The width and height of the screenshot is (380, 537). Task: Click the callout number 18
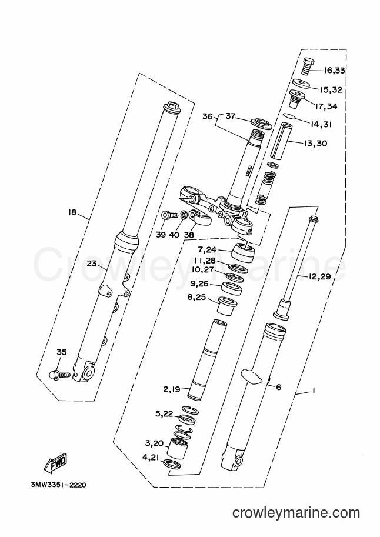click(x=72, y=213)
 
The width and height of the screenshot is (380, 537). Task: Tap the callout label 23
click(x=92, y=264)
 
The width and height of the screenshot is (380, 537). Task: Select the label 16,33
click(x=335, y=71)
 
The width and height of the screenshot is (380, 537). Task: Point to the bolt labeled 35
click(x=60, y=375)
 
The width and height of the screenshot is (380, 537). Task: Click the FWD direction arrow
click(x=55, y=463)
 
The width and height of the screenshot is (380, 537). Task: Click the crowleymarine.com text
click(x=296, y=513)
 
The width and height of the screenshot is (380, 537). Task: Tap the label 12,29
click(x=319, y=276)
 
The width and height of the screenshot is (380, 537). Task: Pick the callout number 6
click(x=279, y=387)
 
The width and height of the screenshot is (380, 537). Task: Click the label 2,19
click(x=172, y=389)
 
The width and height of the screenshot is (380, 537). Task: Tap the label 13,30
click(x=315, y=143)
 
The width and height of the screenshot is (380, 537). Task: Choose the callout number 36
click(x=207, y=116)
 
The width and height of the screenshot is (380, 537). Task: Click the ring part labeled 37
click(x=261, y=124)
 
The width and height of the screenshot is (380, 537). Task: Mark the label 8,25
click(x=196, y=297)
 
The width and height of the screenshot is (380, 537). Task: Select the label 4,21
click(x=151, y=457)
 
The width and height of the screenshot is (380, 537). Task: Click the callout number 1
click(x=313, y=391)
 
